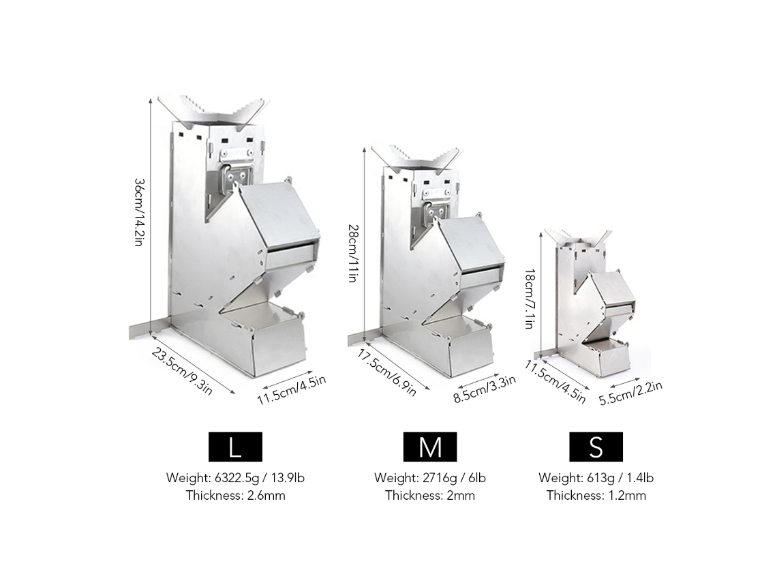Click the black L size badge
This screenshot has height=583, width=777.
pyautogui.click(x=235, y=447)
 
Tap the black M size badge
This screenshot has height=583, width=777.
pyautogui.click(x=429, y=447)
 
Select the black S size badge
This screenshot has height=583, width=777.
pyautogui.click(x=596, y=447)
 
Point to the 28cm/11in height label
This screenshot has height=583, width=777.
pyautogui.click(x=352, y=254)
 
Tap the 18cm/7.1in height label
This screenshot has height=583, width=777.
pyautogui.click(x=529, y=299)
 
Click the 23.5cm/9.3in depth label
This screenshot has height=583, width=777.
pyautogui.click(x=182, y=372)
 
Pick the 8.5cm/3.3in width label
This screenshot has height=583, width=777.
pyautogui.click(x=485, y=389)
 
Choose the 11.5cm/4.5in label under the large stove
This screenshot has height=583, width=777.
pyautogui.click(x=292, y=389)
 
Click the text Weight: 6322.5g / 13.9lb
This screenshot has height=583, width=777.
pyautogui.click(x=235, y=478)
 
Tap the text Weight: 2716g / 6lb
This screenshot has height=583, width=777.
pyautogui.click(x=429, y=478)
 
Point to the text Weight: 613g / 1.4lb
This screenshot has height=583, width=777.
pyautogui.click(x=596, y=478)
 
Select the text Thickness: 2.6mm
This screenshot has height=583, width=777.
pyautogui.click(x=236, y=495)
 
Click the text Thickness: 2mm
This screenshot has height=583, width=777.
pyautogui.click(x=430, y=495)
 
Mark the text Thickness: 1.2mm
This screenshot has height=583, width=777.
pyautogui.click(x=596, y=495)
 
